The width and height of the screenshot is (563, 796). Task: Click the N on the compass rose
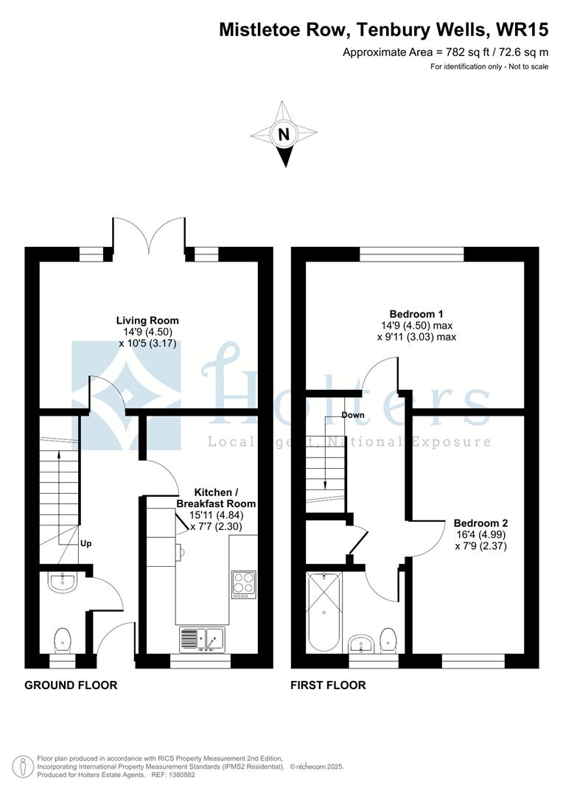point(284,135)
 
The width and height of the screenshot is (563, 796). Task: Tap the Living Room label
point(147,321)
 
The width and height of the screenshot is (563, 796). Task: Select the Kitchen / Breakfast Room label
point(216,498)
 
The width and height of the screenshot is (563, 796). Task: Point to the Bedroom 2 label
point(480,523)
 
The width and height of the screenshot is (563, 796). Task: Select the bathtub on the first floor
point(324,612)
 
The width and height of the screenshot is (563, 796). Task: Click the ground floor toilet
point(63,640)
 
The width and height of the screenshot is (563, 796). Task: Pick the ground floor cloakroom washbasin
point(63,582)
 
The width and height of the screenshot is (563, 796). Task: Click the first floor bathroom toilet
point(388,640)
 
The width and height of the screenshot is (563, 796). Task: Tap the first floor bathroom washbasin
point(362,643)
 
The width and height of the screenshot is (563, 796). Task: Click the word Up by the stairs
point(85,544)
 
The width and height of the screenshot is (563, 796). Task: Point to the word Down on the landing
point(353,415)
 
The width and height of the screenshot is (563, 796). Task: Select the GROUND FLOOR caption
point(71,685)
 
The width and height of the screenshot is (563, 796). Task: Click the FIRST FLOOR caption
point(328,685)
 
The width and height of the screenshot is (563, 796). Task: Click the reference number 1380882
point(182,775)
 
